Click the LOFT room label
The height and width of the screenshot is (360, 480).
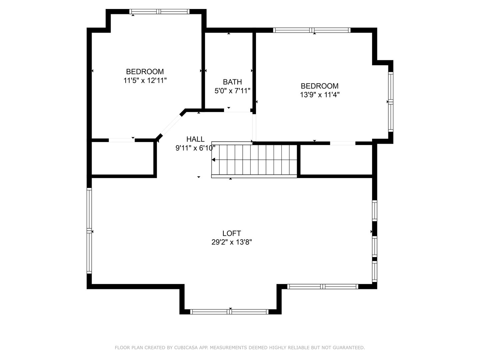point(232,233)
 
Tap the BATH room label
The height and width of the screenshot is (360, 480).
point(232,82)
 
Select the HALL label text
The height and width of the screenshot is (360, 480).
point(195,139)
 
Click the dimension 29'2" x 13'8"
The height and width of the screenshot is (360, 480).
point(232,242)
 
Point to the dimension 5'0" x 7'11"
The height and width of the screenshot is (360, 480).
point(232,91)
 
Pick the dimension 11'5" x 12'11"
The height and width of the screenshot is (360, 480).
point(145,80)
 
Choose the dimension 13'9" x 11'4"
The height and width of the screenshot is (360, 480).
point(319,95)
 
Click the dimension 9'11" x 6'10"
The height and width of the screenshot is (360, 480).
point(195,148)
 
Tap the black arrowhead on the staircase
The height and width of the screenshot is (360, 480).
point(213,160)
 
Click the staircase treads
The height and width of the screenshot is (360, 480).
point(254,160)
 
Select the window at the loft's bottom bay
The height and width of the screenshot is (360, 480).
point(229,312)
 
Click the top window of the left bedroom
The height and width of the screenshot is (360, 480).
point(159,12)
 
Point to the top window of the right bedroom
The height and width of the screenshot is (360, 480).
point(312,30)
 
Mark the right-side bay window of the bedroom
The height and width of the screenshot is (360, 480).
point(391,102)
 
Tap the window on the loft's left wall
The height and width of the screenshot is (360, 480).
point(89,231)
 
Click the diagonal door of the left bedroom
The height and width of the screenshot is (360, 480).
point(171,125)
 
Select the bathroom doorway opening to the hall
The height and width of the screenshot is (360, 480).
point(237,111)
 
